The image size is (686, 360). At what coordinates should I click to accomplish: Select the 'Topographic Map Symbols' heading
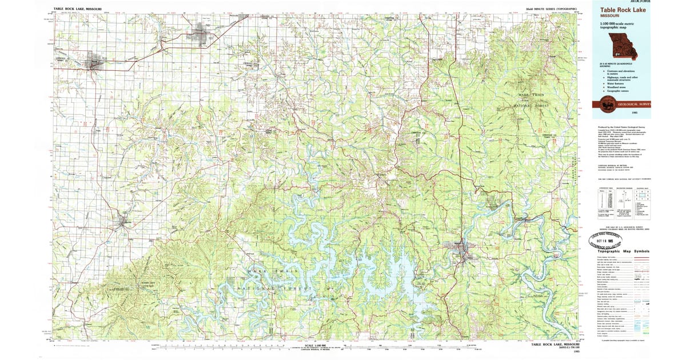point(623,251)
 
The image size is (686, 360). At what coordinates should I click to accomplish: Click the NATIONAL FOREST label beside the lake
point(275,290)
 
